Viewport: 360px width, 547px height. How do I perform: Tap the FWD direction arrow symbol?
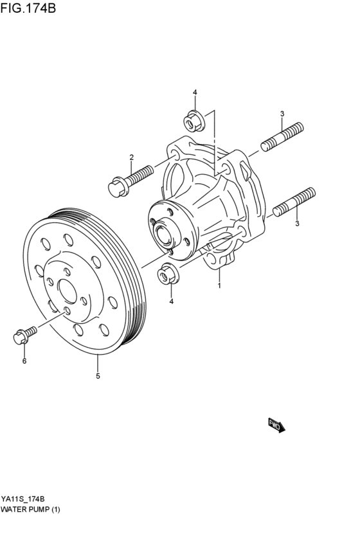[x=276, y=425]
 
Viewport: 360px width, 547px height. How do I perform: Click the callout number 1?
[x=219, y=285]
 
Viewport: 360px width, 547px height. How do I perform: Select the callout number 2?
[x=131, y=157]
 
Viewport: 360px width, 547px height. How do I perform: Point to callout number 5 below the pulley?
[x=98, y=376]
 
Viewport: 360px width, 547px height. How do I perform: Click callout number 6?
[x=24, y=361]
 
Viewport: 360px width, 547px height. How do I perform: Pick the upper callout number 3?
[x=282, y=114]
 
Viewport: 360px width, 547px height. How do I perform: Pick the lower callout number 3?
[x=296, y=224]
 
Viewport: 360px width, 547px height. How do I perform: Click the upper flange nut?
[x=193, y=120]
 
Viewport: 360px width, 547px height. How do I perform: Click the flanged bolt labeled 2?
[x=130, y=180]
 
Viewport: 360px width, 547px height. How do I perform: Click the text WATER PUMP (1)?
[x=30, y=510]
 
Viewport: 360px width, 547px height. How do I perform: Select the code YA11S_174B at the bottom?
[x=23, y=499]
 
